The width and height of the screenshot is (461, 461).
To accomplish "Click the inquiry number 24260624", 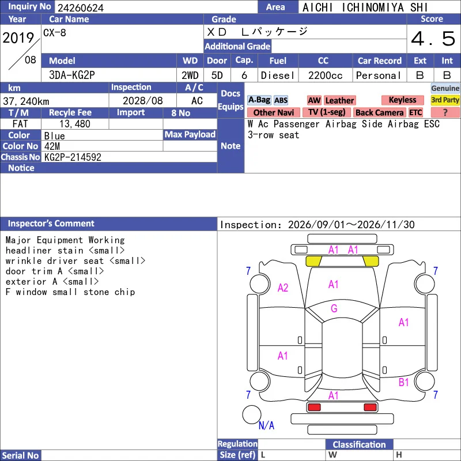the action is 81,7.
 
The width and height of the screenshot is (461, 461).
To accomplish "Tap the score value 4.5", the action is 433,39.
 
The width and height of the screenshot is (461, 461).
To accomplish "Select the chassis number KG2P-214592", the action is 73,157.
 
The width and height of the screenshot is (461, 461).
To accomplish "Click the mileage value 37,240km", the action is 26,101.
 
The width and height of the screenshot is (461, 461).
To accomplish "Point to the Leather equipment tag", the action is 339,100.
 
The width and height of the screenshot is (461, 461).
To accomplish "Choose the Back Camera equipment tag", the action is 380,112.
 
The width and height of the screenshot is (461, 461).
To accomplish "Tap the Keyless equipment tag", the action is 402,100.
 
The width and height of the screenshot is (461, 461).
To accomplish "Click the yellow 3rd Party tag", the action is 445,100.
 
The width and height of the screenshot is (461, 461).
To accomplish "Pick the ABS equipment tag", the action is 281,100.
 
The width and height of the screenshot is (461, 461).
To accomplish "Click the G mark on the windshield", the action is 334,308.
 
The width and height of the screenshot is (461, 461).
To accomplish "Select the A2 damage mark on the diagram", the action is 283,288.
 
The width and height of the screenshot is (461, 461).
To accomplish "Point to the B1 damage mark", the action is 404,382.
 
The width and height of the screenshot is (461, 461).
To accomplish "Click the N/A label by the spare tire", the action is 266,425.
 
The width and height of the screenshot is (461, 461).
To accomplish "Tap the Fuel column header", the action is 278,61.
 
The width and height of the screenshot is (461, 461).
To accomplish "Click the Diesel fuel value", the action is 278,75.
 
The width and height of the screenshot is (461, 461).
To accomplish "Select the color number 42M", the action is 52,146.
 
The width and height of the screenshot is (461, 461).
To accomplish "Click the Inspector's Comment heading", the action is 51,224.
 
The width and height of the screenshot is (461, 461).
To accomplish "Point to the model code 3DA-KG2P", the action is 71,75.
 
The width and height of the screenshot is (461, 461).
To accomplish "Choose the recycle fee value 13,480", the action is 75,124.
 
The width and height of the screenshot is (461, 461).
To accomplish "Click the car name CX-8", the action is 55,33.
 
